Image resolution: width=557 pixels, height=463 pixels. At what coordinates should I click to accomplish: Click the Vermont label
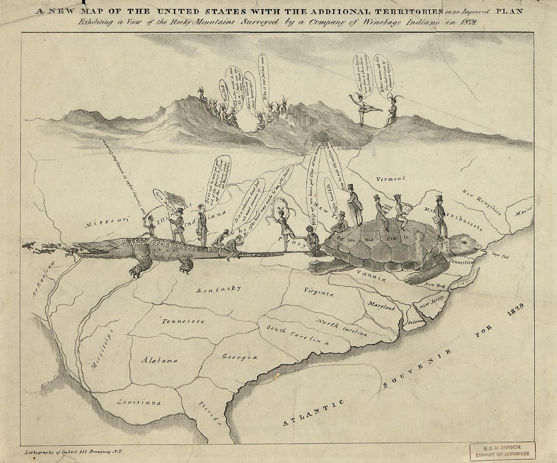click(391, 179)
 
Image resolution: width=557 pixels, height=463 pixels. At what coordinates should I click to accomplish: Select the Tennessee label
click(183, 321)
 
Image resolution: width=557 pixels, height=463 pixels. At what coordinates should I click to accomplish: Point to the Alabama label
click(159, 360)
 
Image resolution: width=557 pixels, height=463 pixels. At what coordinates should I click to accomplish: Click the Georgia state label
click(240, 357)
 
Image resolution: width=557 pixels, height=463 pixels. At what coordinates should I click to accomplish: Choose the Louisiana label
click(139, 402)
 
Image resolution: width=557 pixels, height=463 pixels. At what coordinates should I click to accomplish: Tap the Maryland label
click(382, 305)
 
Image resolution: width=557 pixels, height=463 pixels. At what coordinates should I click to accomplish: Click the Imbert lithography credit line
click(75, 450)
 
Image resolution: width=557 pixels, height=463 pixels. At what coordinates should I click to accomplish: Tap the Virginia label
click(319, 292)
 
